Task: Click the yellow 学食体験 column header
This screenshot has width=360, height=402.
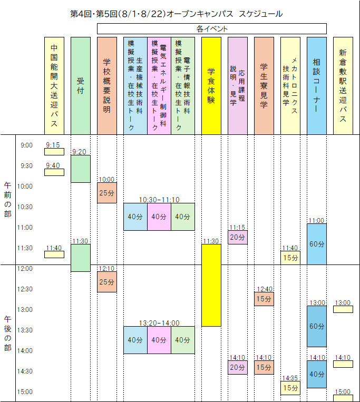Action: pyautogui.click(x=211, y=86)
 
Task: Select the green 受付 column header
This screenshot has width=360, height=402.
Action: pyautogui.click(x=81, y=86)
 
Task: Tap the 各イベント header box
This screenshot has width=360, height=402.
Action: pyautogui.click(x=212, y=28)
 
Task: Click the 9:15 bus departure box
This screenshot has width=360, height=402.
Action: pyautogui.click(x=54, y=152)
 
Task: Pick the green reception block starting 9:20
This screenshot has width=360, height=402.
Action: pyautogui.click(x=81, y=169)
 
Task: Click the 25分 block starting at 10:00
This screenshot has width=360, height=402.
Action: pyautogui.click(x=107, y=193)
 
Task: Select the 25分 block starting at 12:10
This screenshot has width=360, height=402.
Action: pyautogui.click(x=107, y=282)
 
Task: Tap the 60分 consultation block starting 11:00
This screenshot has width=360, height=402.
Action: pyautogui.click(x=317, y=244)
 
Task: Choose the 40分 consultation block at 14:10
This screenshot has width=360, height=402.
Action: pyautogui.click(x=317, y=374)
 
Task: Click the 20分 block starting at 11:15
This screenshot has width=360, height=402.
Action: pyautogui.click(x=238, y=237)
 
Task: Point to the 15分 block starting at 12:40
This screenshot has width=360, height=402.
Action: pyautogui.click(x=264, y=299)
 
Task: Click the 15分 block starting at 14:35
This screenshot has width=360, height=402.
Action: pyautogui.click(x=290, y=388)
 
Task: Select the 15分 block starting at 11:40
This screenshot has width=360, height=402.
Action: pyautogui.click(x=290, y=258)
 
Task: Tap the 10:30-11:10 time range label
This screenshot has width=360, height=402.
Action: pyautogui.click(x=159, y=200)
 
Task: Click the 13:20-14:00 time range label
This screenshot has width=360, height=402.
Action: pyautogui.click(x=159, y=323)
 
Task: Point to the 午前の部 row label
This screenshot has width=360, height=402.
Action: pyautogui.click(x=8, y=200)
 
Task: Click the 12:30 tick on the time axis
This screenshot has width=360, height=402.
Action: pyautogui.click(x=25, y=289)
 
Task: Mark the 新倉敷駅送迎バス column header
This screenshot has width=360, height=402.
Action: pyautogui.click(x=343, y=86)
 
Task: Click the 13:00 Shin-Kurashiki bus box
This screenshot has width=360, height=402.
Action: pyautogui.click(x=343, y=309)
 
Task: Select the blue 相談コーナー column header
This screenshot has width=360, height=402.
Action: pyautogui.click(x=317, y=86)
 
